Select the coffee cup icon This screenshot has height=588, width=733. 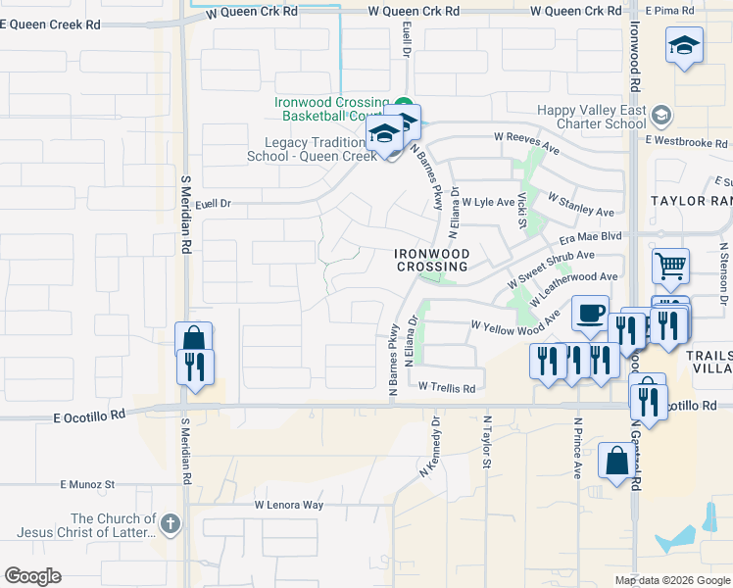(589, 313)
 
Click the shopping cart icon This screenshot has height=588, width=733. (671, 265)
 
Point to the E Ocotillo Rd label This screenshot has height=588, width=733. (90, 415)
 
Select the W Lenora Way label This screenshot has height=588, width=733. (289, 505)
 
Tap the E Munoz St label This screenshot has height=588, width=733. (87, 484)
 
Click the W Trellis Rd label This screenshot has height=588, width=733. (448, 388)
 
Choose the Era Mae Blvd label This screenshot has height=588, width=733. (591, 236)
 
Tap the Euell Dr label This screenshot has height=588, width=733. (213, 204)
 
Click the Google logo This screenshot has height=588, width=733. (32, 576)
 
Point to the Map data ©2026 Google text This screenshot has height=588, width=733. (672, 580)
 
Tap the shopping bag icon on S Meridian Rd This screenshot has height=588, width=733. (194, 339)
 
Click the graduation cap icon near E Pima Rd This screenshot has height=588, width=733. (684, 46)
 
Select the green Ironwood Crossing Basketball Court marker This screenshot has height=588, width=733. (404, 102)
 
